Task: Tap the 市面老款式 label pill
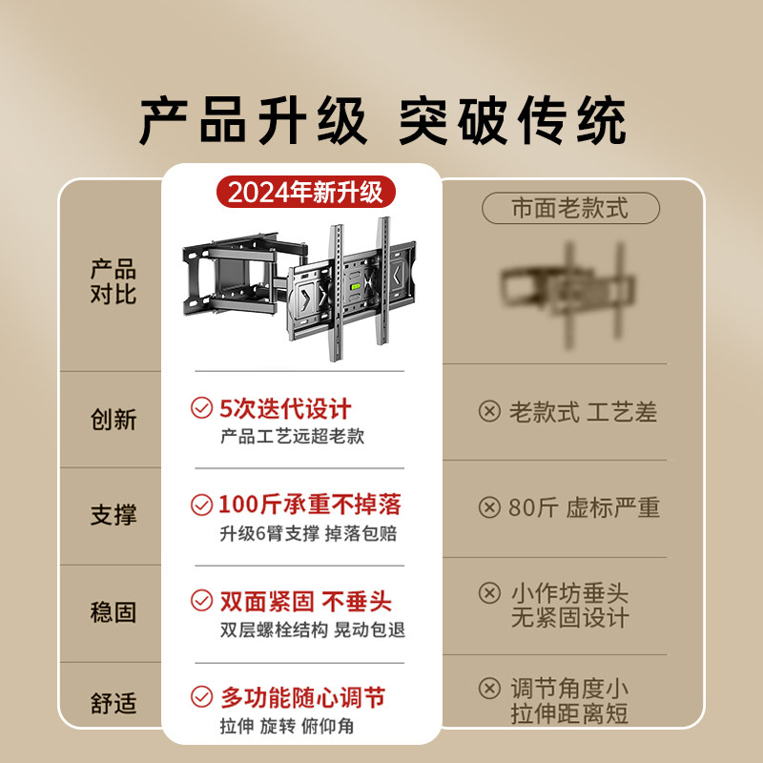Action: [570, 208]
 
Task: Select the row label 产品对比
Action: [113, 281]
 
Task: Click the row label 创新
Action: [113, 419]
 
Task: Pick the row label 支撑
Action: [113, 515]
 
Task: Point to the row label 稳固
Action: [113, 612]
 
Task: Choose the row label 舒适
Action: [113, 704]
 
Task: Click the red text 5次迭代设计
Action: [285, 409]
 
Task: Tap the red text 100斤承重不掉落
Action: [310, 505]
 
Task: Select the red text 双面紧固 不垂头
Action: [305, 601]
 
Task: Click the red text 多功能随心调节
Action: [302, 698]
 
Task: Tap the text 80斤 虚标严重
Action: [584, 507]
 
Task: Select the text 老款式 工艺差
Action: [583, 412]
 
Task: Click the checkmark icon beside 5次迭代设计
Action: [201, 409]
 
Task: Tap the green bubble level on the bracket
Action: [359, 280]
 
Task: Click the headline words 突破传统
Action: [512, 122]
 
